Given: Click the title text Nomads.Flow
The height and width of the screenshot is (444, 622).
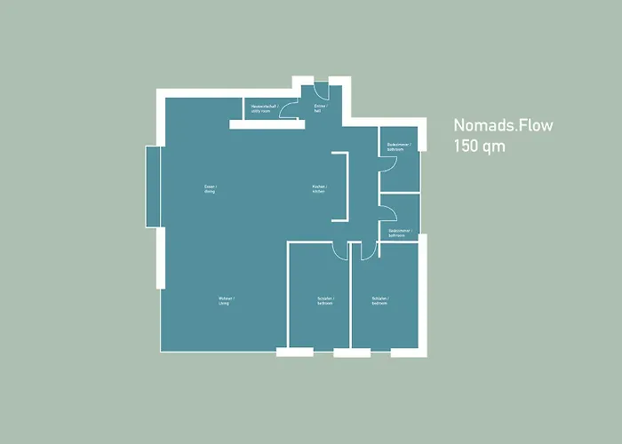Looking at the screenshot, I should pos(503,125).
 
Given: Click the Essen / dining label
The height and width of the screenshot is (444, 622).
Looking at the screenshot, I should pos(211,189).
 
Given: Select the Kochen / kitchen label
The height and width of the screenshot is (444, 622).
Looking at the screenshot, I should pos(318,189).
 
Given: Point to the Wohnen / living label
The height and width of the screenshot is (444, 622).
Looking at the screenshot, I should pos(224,299).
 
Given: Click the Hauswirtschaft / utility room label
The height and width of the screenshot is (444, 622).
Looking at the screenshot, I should pos(264,108).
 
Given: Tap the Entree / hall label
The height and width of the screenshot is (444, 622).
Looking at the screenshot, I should pos(320,107).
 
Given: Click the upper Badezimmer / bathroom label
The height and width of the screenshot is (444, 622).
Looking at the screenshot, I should pos(397,147).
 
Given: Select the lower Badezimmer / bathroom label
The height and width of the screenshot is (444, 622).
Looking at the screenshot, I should pos(397,233).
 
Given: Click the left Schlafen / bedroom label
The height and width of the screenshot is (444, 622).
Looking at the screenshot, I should pos(325,300).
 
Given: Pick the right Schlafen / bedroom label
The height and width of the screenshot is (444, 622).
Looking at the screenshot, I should pos(380,300).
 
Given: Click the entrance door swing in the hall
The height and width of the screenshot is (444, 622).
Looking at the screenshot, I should pos(321,89).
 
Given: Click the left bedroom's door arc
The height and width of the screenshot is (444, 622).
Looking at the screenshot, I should pos(339,251).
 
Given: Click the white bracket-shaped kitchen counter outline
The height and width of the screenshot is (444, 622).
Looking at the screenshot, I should pos(341,186).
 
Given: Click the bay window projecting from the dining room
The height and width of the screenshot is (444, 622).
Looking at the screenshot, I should pos(152,186).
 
